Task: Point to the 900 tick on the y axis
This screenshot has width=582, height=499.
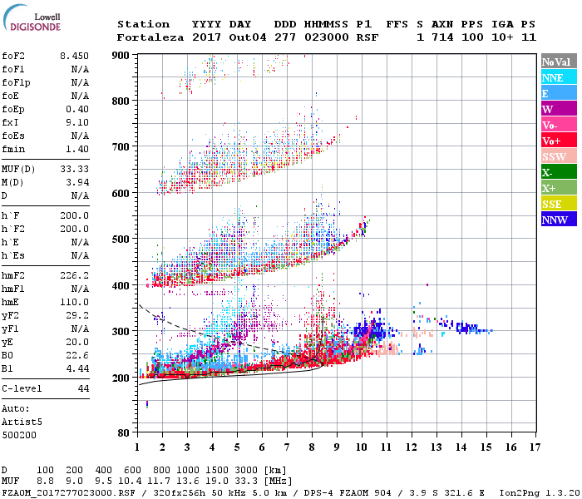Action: click(x=121, y=55)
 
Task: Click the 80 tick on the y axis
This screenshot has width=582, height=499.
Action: click(x=124, y=432)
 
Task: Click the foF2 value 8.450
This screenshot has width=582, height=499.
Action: click(x=74, y=56)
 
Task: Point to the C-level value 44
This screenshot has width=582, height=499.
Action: click(x=83, y=388)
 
